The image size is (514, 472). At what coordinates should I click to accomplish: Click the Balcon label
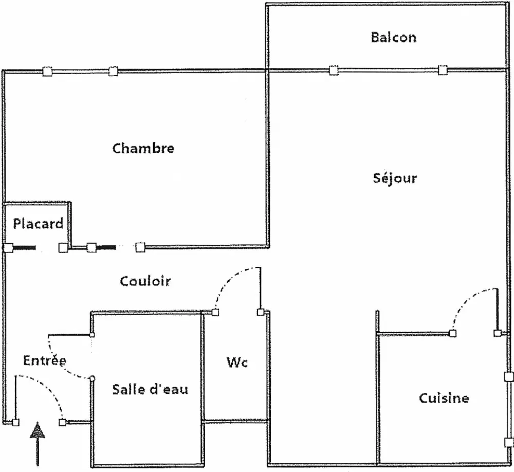393,38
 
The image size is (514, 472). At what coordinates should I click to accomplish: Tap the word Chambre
143,149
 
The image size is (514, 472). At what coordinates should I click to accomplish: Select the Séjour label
394,178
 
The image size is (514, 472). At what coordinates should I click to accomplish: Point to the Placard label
38,224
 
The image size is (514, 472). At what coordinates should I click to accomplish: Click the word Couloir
145,281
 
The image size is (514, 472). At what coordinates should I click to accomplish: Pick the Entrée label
45,360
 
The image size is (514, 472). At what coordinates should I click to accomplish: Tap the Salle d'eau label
150,389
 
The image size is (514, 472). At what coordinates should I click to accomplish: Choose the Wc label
237,362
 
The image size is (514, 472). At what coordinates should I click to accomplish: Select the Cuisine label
444,398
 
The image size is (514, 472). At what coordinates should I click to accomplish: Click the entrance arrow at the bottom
38,442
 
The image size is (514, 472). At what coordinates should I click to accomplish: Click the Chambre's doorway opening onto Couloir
116,248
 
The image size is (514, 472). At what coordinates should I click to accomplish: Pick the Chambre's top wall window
80,71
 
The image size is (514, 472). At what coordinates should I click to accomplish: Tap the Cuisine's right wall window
508,409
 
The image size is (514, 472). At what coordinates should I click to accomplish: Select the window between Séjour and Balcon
388,70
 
